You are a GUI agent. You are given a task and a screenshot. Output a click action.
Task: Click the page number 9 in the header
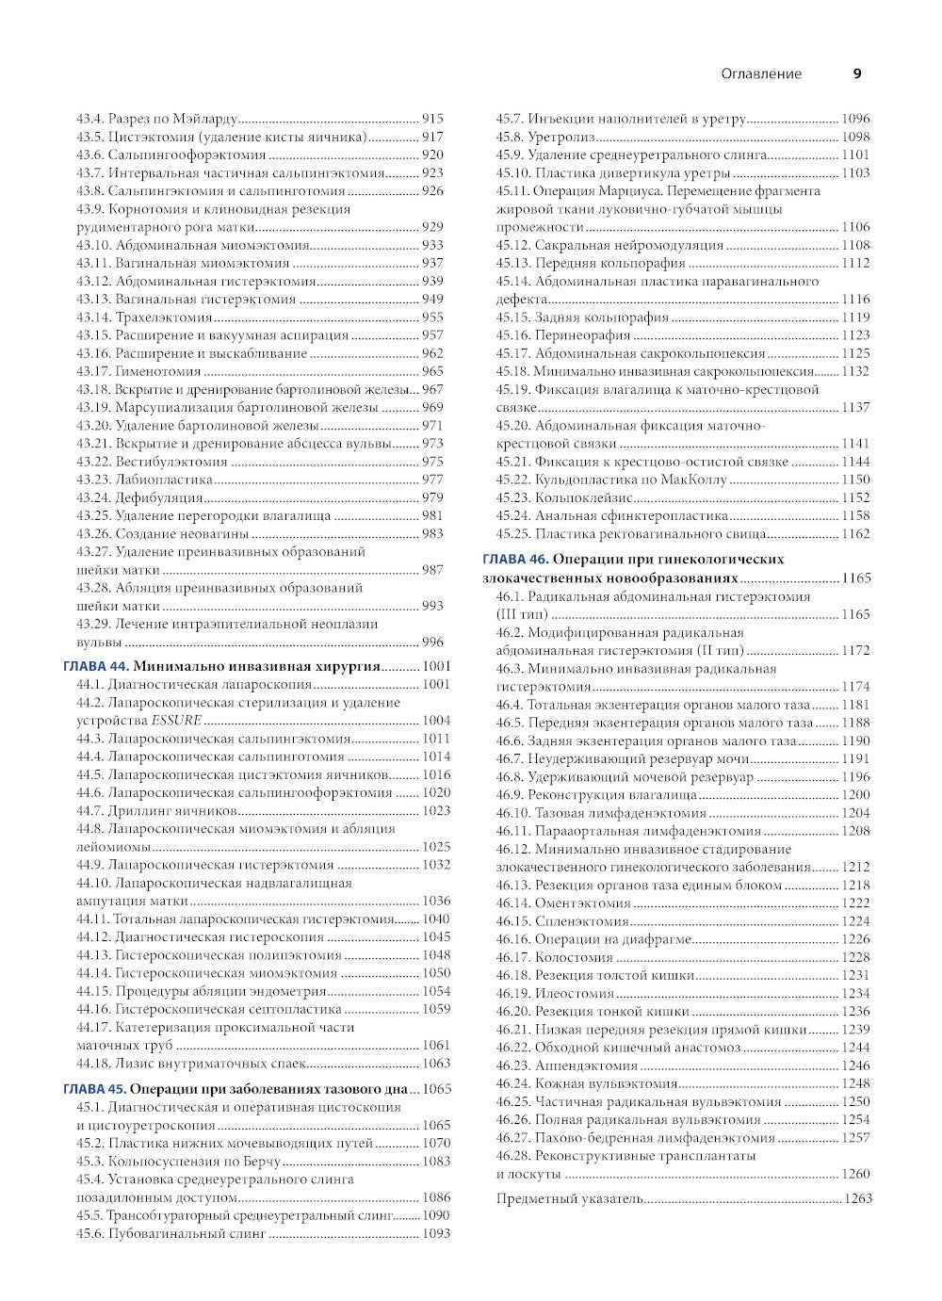857,73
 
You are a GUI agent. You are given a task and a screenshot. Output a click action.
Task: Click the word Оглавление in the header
761,73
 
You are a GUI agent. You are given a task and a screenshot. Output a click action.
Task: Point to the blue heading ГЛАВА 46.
513,559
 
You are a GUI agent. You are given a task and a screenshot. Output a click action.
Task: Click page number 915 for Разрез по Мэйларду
432,119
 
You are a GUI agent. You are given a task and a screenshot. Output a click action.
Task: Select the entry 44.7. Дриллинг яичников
156,811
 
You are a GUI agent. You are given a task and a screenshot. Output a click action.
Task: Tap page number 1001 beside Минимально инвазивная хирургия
436,666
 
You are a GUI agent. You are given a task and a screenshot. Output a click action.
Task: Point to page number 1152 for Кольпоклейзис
855,497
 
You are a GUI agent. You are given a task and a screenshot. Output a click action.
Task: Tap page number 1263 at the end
858,1198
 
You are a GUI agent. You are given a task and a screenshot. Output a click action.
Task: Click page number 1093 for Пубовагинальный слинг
436,1233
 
